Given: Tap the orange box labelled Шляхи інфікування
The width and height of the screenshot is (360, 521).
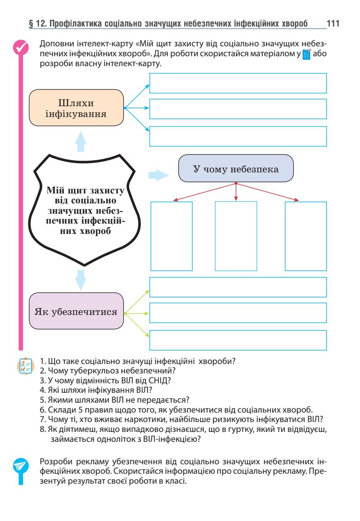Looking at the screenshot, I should pos(76,108).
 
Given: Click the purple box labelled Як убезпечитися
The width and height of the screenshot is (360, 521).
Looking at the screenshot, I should pos(76,311).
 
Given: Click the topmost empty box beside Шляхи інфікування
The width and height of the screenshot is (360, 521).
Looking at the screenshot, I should pos(238,83).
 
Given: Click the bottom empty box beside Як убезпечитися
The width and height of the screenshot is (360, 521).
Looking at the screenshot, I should pos(238,340).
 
